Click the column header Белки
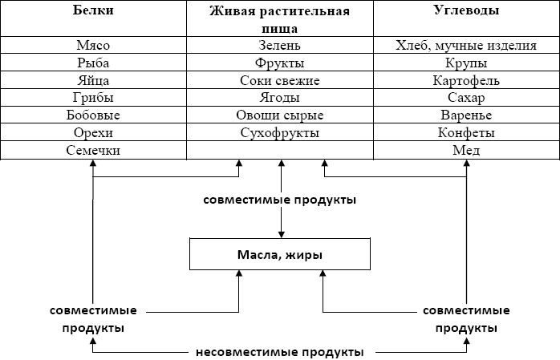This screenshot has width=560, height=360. click(x=93, y=12)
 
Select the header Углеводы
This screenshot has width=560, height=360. click(x=466, y=12)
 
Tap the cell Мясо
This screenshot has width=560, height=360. click(x=93, y=46)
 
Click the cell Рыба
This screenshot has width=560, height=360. click(x=93, y=63)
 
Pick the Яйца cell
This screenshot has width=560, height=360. click(x=93, y=81)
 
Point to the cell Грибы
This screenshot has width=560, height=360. click(x=93, y=98)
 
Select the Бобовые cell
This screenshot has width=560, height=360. click(x=93, y=115)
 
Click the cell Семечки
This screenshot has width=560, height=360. click(x=93, y=150)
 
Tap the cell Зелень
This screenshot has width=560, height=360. click(x=280, y=46)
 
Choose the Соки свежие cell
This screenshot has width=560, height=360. click(x=280, y=81)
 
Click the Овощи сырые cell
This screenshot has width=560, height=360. click(x=280, y=115)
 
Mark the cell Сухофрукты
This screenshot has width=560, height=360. click(x=280, y=132)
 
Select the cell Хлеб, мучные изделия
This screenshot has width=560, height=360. click(x=466, y=46)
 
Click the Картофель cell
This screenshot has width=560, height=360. click(x=466, y=81)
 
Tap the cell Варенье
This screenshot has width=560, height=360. click(x=466, y=115)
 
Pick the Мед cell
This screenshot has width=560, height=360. click(x=466, y=150)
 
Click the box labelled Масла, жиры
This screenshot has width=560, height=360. click(x=280, y=254)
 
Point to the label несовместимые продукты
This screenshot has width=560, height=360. click(x=280, y=351)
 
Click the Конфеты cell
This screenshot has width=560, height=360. click(x=466, y=132)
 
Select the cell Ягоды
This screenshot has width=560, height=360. click(x=280, y=98)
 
